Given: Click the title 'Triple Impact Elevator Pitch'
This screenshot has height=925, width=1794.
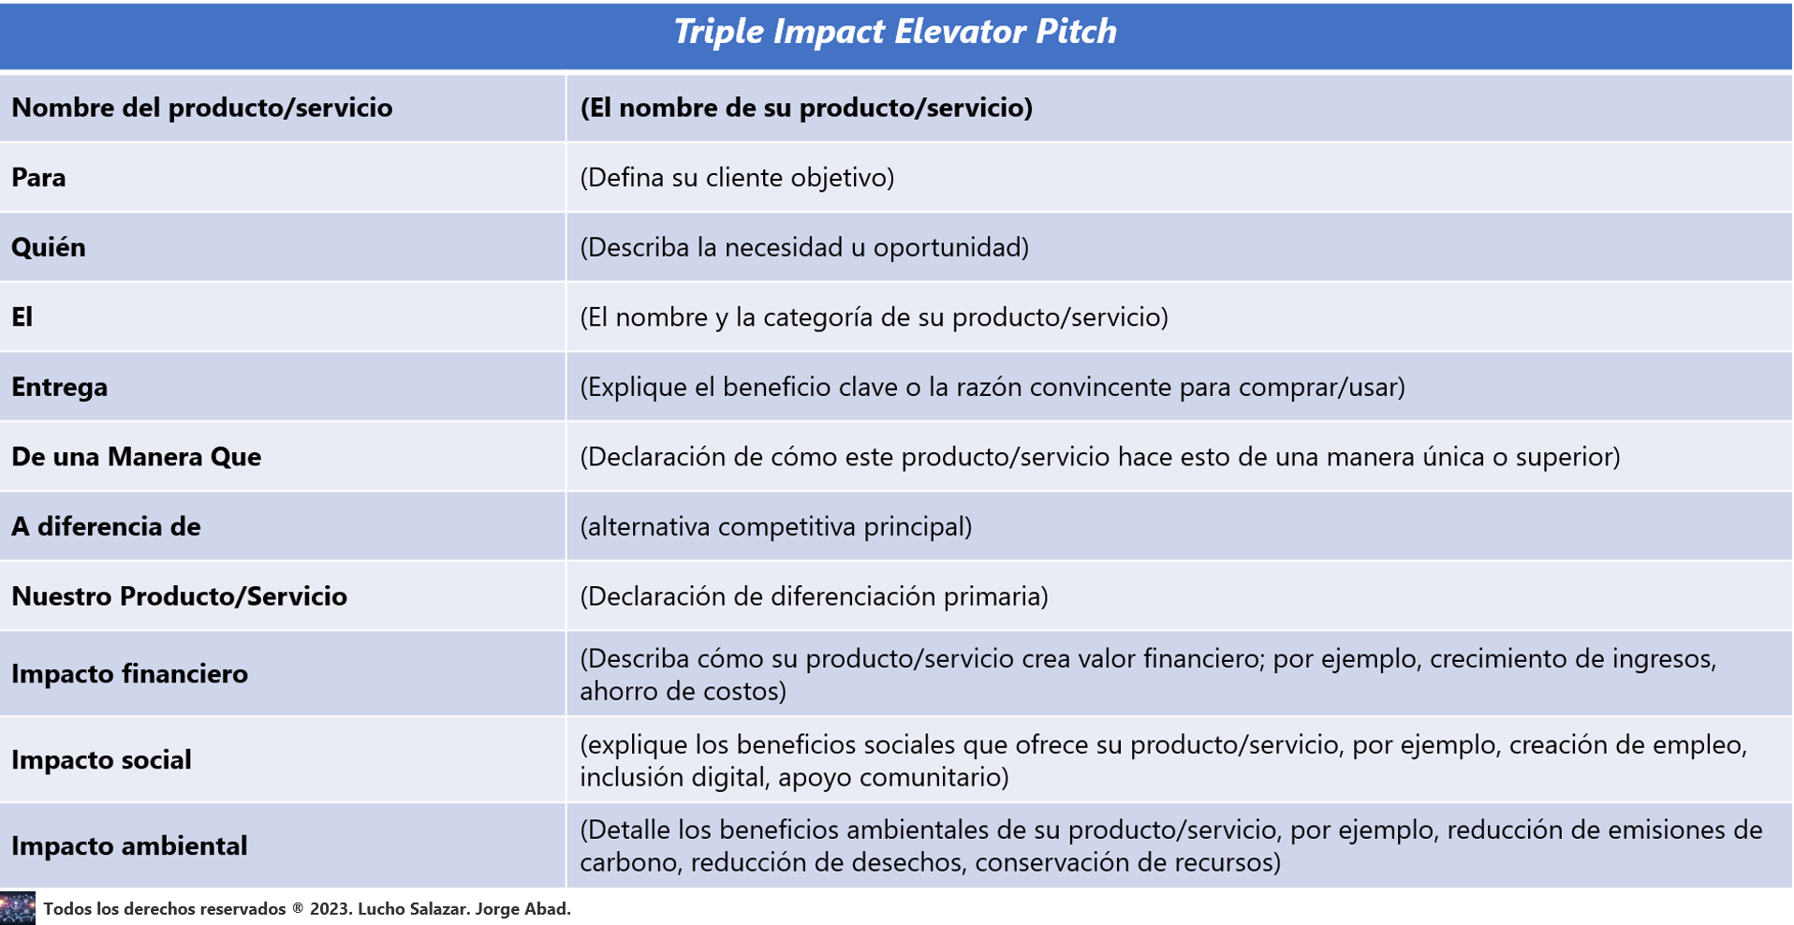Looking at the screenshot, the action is pos(895,32).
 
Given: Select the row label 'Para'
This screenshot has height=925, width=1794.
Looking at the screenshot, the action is pos(38,177).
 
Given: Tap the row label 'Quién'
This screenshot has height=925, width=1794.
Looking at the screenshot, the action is pos(49,246).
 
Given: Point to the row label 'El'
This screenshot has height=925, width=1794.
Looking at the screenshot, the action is pos(22,316).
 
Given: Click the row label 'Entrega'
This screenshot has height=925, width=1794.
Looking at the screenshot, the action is pos(59,387).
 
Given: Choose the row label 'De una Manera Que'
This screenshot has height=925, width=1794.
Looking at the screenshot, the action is pos(136,456).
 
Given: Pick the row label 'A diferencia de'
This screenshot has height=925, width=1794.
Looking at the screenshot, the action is pos(106,526).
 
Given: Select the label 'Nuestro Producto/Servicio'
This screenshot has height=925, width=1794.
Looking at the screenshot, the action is pos(179,595).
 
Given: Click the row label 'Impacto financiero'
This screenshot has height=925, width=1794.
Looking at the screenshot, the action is pos(129,673).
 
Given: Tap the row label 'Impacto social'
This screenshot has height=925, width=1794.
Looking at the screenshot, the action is pos(101,759).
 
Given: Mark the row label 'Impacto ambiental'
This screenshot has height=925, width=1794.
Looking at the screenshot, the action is pos(129,845).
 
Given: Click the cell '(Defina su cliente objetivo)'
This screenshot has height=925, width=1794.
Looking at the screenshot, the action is pos(737,177).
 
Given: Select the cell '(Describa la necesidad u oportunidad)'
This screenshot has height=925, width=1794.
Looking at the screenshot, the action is pos(804,247).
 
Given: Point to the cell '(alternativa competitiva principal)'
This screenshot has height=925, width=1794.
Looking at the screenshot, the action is pos(776,526).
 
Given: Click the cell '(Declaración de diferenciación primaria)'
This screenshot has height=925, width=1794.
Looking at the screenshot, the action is pos(814,596).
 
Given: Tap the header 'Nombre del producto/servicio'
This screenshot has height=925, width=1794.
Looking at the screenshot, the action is pos(201,108).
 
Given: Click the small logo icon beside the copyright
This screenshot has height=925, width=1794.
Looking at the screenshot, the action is pos(18,908).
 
